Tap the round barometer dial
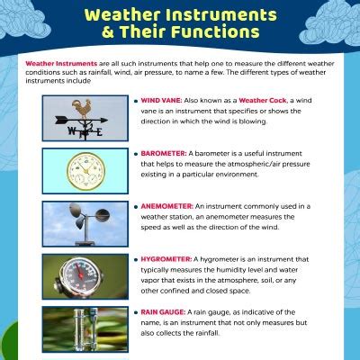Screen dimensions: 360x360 [85, 170]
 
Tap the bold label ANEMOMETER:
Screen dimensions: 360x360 [166, 206]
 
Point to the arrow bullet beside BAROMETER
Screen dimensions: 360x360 [135, 154]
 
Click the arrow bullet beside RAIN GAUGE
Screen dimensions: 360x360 [135, 310]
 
